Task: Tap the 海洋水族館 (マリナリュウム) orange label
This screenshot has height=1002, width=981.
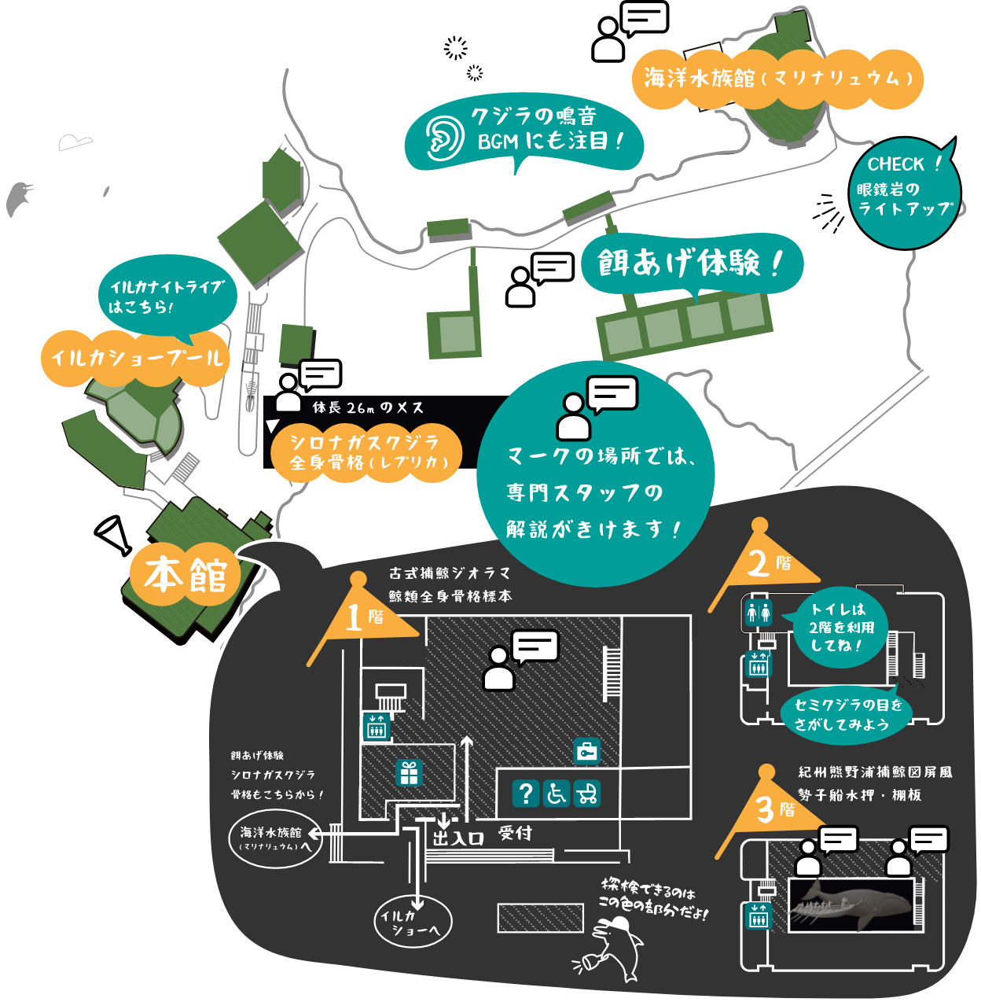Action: pyautogui.click(x=777, y=79)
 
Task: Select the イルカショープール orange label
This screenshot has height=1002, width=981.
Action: pyautogui.click(x=136, y=359)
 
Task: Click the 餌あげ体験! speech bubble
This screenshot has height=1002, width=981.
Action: pyautogui.click(x=690, y=263)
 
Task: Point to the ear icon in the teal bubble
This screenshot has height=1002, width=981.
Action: pyautogui.click(x=443, y=138)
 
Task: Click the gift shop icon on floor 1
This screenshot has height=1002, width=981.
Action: pyautogui.click(x=409, y=773)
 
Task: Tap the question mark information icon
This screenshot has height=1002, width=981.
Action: pyautogui.click(x=526, y=793)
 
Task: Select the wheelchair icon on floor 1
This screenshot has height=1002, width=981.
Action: pyautogui.click(x=557, y=793)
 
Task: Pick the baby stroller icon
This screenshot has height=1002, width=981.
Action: pyautogui.click(x=586, y=793)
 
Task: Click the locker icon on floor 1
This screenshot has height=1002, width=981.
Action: pyautogui.click(x=586, y=751)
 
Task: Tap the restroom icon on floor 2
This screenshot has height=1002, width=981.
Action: pyautogui.click(x=759, y=612)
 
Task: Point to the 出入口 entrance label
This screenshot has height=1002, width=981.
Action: pyautogui.click(x=457, y=838)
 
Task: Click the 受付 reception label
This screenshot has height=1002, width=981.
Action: pyautogui.click(x=515, y=833)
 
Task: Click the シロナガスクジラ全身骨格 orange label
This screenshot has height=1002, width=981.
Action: pyautogui.click(x=366, y=452)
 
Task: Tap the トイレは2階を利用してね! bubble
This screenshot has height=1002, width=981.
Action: pyautogui.click(x=839, y=627)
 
